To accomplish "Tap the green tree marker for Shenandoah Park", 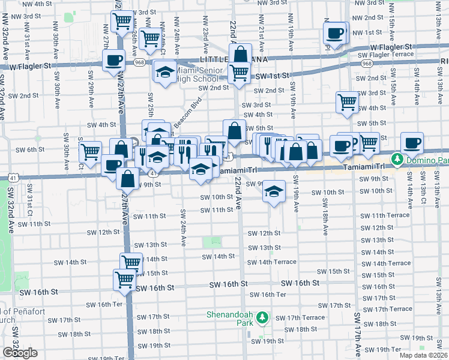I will click(x=261, y=317).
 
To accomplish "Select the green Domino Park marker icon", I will click(x=396, y=159).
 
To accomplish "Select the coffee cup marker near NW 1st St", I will click(x=335, y=33).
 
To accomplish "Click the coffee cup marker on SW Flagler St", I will click(x=113, y=60).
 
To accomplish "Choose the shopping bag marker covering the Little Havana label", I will click(x=240, y=55).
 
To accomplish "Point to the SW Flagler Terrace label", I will click(x=385, y=55).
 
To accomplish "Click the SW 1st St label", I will click(x=272, y=76).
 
